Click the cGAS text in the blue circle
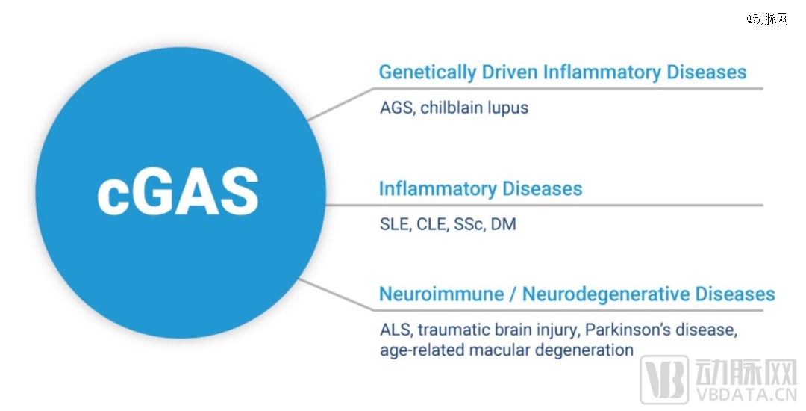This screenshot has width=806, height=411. pyautogui.click(x=178, y=192)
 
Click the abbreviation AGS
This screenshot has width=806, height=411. pyautogui.click(x=397, y=108)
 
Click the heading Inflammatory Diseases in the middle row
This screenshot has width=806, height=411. pyautogui.click(x=481, y=189)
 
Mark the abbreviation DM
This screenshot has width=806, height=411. pyautogui.click(x=503, y=224)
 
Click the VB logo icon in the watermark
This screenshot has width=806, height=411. pyautogui.click(x=664, y=380)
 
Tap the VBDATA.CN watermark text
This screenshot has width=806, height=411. pyautogui.click(x=746, y=395)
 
